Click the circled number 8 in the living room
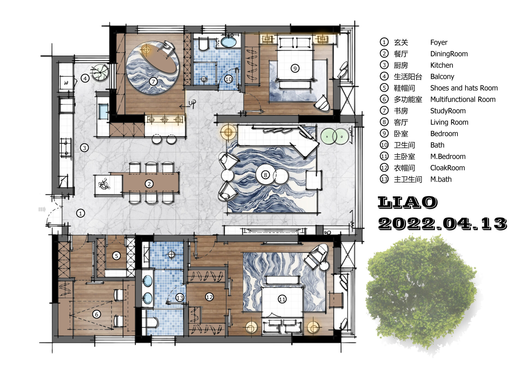click(265, 175)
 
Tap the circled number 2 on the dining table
click(149, 184)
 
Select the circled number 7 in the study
click(153, 81)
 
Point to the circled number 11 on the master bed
click(282, 299)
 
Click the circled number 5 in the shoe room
click(117, 256)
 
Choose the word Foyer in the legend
click(439, 43)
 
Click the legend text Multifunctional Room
click(463, 99)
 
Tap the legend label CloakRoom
click(448, 168)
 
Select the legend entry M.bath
click(441, 179)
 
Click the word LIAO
click(408, 202)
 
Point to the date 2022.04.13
click(442, 224)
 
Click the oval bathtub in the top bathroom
click(228, 42)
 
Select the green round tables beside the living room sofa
click(335, 136)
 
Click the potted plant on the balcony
click(100, 72)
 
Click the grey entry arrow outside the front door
click(42, 209)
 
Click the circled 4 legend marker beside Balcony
click(384, 76)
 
